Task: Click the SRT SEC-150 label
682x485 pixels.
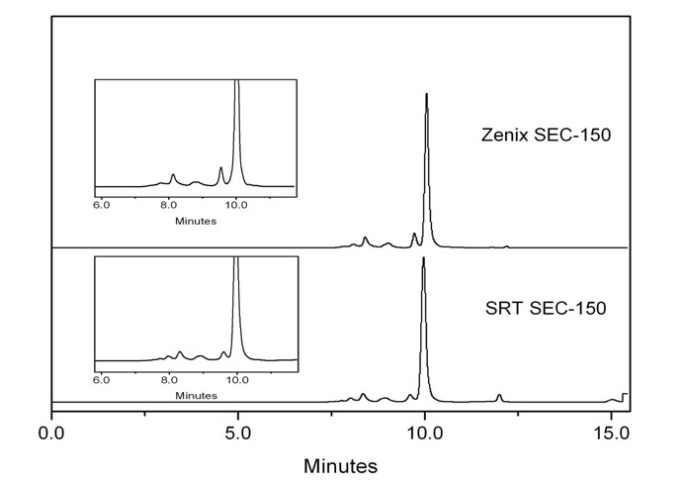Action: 546,309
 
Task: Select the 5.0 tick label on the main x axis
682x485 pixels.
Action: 238,434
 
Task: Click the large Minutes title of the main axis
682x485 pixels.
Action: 340,464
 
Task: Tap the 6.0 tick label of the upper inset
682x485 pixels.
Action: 101,205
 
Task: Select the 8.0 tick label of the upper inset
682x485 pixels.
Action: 169,205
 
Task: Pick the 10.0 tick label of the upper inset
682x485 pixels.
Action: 236,205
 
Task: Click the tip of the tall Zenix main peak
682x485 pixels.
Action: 426,95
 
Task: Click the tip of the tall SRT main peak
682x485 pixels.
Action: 424,259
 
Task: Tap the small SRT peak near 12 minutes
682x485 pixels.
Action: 499,395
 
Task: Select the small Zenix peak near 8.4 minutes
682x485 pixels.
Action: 366,238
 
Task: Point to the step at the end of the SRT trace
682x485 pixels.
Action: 623,395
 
